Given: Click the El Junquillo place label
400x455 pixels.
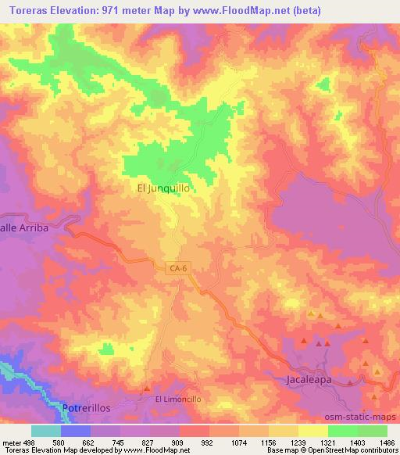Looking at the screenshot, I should pos(163,188).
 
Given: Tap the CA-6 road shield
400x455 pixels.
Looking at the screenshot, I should pos(178,269).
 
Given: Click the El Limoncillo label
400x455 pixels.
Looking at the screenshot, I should pos(177,399).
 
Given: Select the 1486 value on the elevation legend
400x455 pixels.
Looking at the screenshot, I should pos(387,442).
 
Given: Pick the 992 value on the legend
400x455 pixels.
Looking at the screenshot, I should pos(209,442).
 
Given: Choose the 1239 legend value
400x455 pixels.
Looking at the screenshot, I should pos(298,442).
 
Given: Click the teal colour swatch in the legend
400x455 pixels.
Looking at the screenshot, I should pos(46,431).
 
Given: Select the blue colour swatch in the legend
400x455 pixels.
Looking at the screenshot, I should pos(76,431).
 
